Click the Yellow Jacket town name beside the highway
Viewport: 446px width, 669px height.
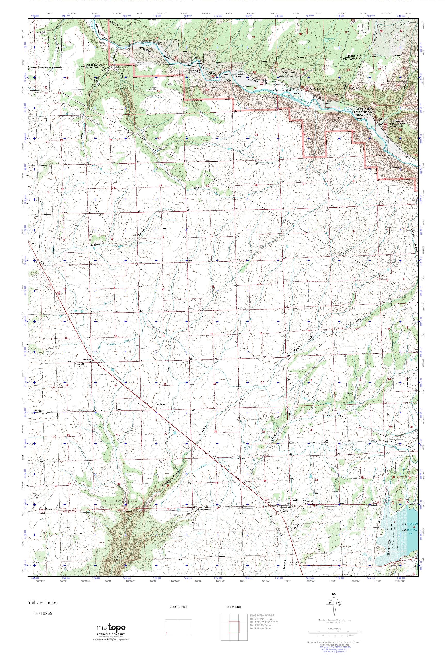click(x=159, y=404)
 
